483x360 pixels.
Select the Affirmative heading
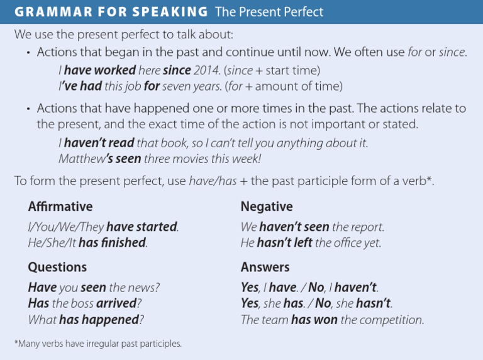pos(60,206)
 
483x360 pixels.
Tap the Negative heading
pos(267,206)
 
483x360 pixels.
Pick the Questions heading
pos(57,267)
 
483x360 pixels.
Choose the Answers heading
pos(265,267)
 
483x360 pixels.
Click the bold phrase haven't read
pos(99,143)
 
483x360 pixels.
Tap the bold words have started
pos(142,227)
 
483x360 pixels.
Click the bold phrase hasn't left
pos(285,242)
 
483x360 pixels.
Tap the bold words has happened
pos(99,320)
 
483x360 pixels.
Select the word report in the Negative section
pos(367,227)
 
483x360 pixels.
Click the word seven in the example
pos(179,86)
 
